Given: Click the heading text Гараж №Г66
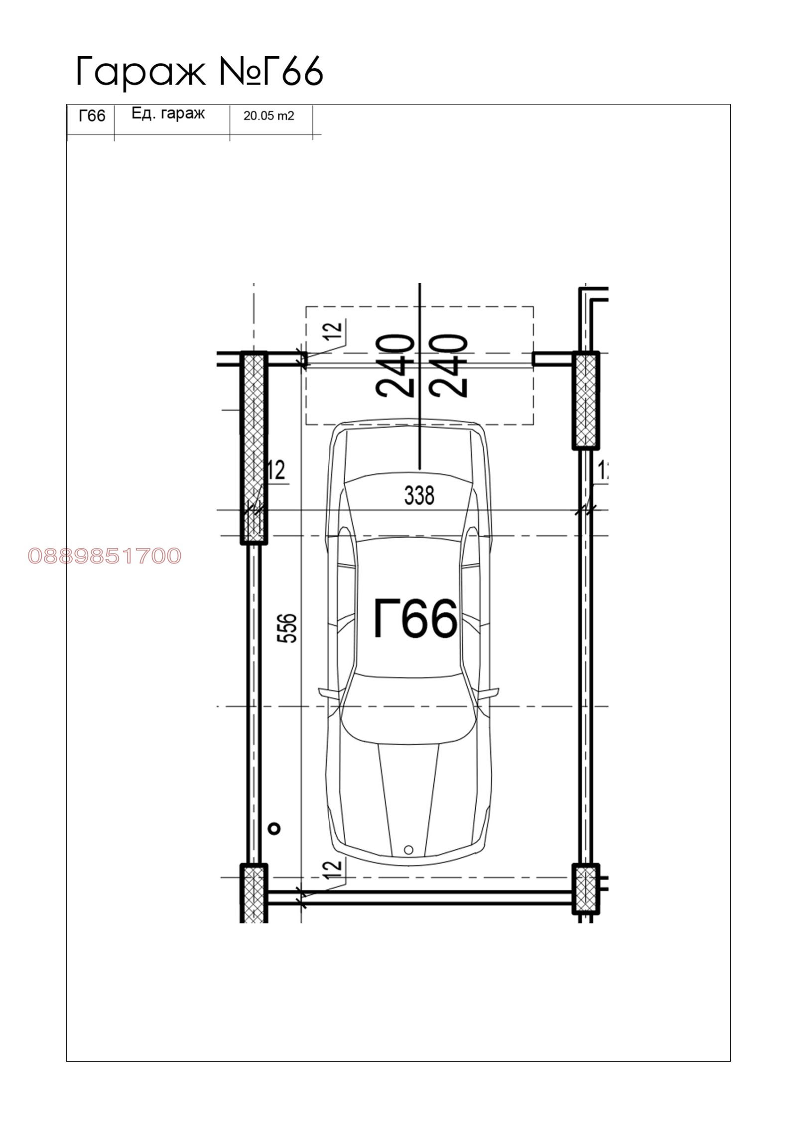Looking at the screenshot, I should (x=199, y=71).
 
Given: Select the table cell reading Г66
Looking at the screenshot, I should (x=92, y=116).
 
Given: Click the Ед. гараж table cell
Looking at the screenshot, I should (x=168, y=114).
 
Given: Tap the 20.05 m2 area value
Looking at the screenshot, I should (x=268, y=116).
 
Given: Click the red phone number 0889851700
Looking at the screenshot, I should (x=105, y=556).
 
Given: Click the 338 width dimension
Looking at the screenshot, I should (x=419, y=496).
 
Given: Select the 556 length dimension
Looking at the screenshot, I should (x=289, y=628).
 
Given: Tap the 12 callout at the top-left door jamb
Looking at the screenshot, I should (x=336, y=329).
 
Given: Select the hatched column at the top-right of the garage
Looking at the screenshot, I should (x=585, y=400).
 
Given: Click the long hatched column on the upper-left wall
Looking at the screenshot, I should (x=254, y=448).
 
